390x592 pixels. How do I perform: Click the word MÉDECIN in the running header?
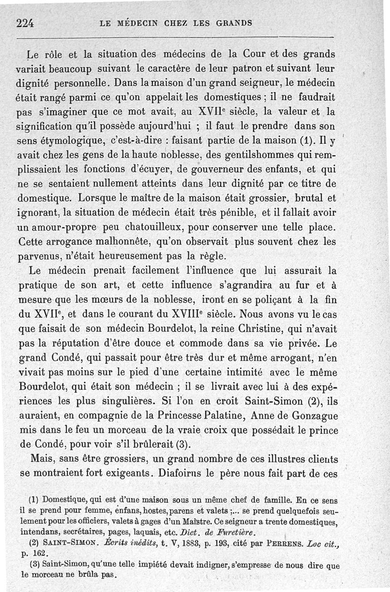click(x=142, y=23)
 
